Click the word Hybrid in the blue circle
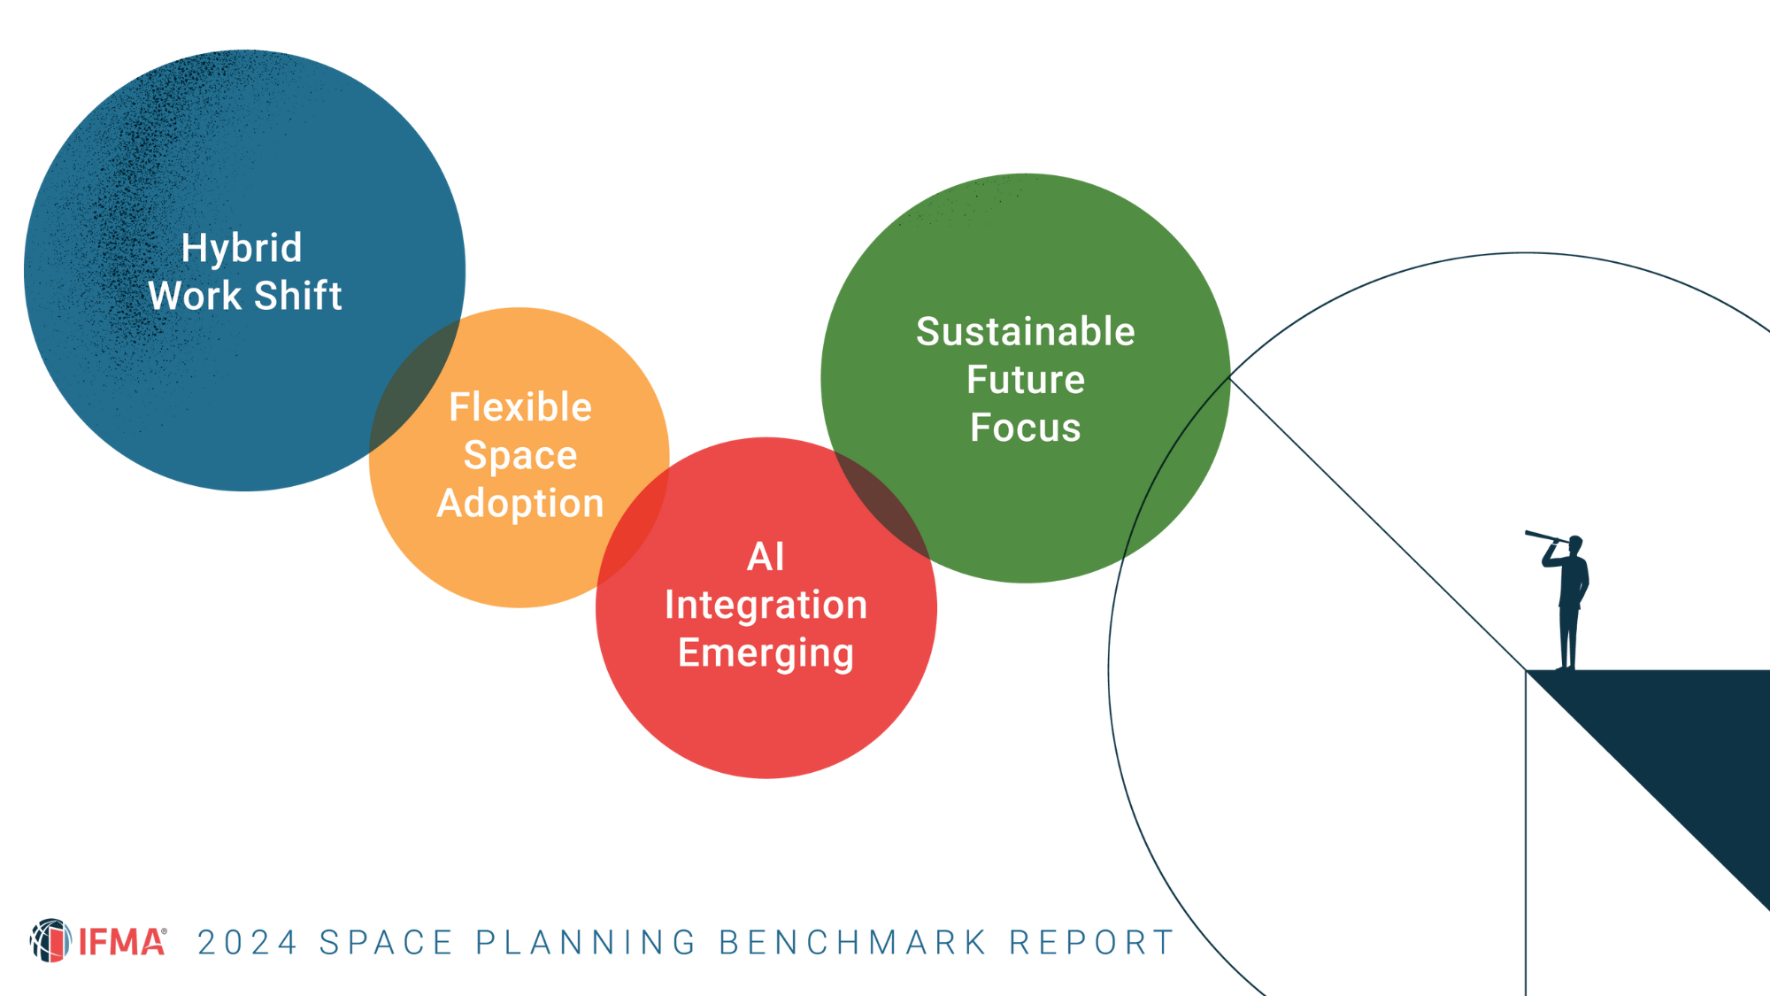click(x=241, y=249)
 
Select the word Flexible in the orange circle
click(x=520, y=407)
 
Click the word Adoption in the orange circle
click(x=520, y=504)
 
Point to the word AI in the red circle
click(x=766, y=557)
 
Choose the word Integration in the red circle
click(x=766, y=605)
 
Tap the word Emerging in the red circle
click(x=766, y=653)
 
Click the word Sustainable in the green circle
click(x=1025, y=332)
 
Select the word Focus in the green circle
click(x=1025, y=428)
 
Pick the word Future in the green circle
click(x=1025, y=380)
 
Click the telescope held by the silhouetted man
click(x=1544, y=537)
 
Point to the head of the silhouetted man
click(x=1575, y=544)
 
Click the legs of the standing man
click(x=1568, y=637)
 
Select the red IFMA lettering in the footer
click(x=121, y=943)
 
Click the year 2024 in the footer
click(x=247, y=943)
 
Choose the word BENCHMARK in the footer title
click(x=852, y=943)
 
